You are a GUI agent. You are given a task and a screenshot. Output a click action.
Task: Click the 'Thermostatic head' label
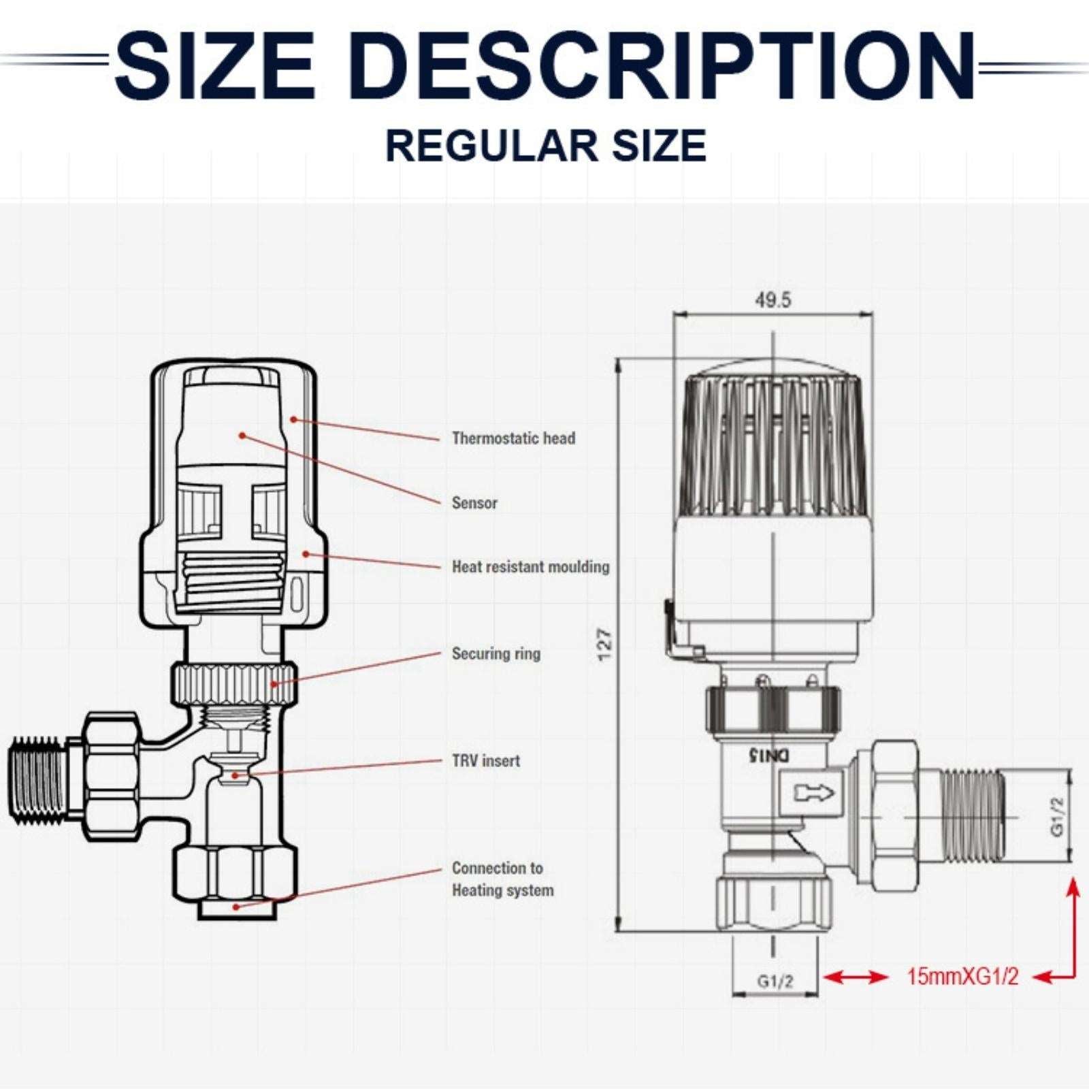click(x=514, y=438)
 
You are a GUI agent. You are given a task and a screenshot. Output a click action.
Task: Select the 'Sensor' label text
click(x=474, y=503)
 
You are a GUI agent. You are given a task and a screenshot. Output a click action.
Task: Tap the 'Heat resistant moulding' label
click(x=531, y=567)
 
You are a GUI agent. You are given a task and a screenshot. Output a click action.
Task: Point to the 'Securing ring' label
click(x=496, y=654)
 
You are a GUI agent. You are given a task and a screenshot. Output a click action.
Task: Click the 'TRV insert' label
click(x=486, y=761)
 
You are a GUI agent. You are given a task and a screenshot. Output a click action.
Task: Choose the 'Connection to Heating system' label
click(x=502, y=879)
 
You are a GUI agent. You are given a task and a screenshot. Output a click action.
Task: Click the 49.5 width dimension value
click(x=773, y=300)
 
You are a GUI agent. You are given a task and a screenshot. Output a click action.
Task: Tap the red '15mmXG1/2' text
click(x=962, y=977)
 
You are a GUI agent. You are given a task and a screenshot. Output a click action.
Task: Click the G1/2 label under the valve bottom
click(x=775, y=981)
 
